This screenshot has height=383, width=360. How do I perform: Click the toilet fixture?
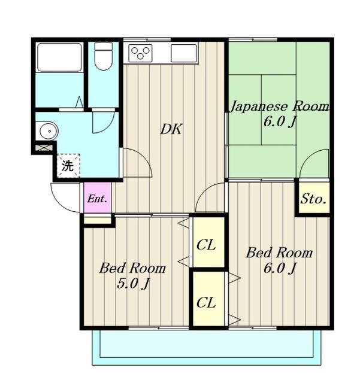point(104,56)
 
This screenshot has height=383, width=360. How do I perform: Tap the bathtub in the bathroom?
point(59,57)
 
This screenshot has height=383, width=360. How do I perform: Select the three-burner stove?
point(140,53)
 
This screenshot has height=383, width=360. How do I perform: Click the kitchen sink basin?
point(184,53)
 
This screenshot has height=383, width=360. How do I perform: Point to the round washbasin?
point(49,131)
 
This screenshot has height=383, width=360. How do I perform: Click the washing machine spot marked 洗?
point(68,166)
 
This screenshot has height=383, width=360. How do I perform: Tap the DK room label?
point(171,129)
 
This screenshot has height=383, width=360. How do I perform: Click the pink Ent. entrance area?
point(97,197)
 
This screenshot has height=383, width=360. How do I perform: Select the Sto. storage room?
point(313,198)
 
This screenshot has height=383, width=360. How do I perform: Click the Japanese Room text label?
point(280,107)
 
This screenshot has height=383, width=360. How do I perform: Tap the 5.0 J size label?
point(133,283)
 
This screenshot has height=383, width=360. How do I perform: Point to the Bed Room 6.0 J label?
point(279,260)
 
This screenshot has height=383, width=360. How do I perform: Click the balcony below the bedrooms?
point(207,348)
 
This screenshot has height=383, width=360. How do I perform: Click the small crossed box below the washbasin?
point(44,148)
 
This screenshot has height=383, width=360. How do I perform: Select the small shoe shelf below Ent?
point(97,220)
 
